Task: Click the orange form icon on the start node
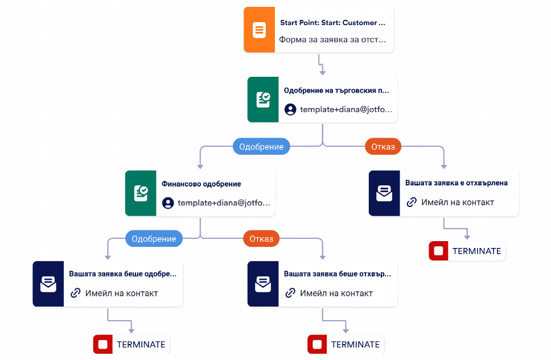pos(260,30)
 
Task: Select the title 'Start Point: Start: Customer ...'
pos(332,23)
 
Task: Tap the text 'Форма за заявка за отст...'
pos(332,40)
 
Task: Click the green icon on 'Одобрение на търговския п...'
pos(263,100)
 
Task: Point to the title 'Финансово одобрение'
pos(202,184)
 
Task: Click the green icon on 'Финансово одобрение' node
pos(141,193)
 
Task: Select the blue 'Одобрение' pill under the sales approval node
pos(261,147)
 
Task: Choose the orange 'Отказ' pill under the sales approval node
pos(383,147)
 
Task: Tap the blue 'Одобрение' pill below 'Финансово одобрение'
pos(154,239)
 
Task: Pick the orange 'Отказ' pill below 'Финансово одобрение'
pos(261,239)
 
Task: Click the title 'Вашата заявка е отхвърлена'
pos(457,183)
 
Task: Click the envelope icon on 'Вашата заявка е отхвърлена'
pos(384,193)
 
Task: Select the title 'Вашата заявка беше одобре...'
pos(122,274)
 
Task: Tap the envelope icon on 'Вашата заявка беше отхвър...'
pos(263,284)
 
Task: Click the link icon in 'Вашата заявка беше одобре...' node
pos(76,293)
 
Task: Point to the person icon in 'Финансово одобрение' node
pos(168,203)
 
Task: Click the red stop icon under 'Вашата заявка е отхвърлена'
pos(438,251)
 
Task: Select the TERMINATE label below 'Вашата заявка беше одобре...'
pos(141,344)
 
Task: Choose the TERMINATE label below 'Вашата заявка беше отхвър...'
pos(355,344)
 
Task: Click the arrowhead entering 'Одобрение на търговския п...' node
pos(322,73)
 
